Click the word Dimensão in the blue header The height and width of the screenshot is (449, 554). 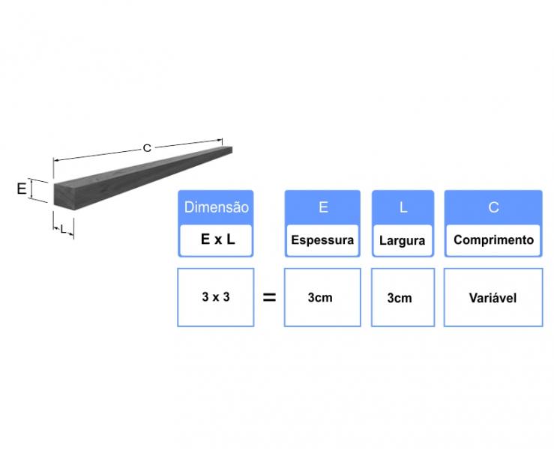(x=216, y=207)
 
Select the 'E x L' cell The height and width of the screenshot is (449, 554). (x=216, y=240)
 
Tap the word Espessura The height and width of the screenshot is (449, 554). (x=322, y=240)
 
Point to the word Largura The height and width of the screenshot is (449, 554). (x=402, y=241)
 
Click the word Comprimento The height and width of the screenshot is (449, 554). (x=493, y=240)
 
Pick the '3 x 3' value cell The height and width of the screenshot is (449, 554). (x=215, y=297)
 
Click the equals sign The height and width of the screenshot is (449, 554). (x=269, y=298)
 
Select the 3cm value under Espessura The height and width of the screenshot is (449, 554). (x=320, y=298)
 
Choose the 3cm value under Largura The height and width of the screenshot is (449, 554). (x=400, y=299)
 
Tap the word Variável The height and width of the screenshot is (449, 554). (x=493, y=298)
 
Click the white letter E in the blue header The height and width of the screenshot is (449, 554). (x=323, y=207)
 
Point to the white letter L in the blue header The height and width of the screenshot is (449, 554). (x=403, y=207)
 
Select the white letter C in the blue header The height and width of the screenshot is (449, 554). (x=493, y=207)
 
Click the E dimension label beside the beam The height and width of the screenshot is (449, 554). (x=22, y=189)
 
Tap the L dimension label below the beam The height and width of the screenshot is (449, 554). (x=63, y=230)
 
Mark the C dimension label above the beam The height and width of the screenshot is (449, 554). (x=147, y=148)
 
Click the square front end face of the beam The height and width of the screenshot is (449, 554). (x=64, y=197)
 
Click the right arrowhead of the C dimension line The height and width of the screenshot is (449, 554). (x=220, y=141)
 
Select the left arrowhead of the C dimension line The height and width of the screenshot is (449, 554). (x=56, y=160)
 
